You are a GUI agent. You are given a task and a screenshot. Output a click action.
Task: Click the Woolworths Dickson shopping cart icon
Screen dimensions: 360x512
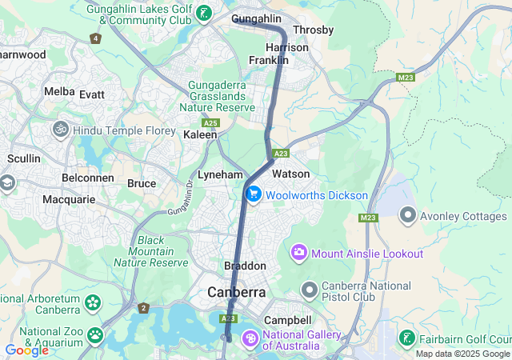(254, 194)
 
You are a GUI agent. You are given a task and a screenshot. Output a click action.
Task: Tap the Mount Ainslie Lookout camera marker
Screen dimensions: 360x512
(299, 254)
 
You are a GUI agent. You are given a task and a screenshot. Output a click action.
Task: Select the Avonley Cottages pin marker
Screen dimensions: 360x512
(408, 215)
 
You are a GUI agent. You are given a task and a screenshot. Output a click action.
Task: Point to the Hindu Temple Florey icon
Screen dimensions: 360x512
(60, 129)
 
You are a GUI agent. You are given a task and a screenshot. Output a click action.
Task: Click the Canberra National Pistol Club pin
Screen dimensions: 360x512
(310, 289)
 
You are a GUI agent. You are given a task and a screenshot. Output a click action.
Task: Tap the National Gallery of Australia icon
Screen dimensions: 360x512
(250, 340)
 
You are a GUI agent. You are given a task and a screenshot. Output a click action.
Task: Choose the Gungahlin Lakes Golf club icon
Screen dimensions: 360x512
(206, 12)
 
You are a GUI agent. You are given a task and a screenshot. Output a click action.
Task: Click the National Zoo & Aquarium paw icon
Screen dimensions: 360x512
(95, 334)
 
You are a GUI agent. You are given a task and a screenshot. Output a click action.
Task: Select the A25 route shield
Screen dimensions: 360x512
(210, 123)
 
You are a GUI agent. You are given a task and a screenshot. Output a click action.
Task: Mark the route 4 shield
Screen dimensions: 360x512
(97, 38)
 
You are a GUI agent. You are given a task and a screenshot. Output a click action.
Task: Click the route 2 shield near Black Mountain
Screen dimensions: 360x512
(143, 308)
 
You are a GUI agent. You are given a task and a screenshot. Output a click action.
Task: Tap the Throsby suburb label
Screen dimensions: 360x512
(314, 30)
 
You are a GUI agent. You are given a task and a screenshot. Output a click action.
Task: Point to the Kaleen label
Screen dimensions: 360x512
(200, 135)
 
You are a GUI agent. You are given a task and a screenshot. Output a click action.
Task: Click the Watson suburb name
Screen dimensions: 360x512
(290, 174)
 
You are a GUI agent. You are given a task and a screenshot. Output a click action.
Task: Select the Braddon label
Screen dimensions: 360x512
(245, 266)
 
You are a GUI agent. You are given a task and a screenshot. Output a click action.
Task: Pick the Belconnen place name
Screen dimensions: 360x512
(85, 178)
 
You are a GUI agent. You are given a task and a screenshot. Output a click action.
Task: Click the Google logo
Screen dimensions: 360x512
(26, 350)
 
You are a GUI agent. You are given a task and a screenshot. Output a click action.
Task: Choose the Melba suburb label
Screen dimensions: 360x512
(59, 92)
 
